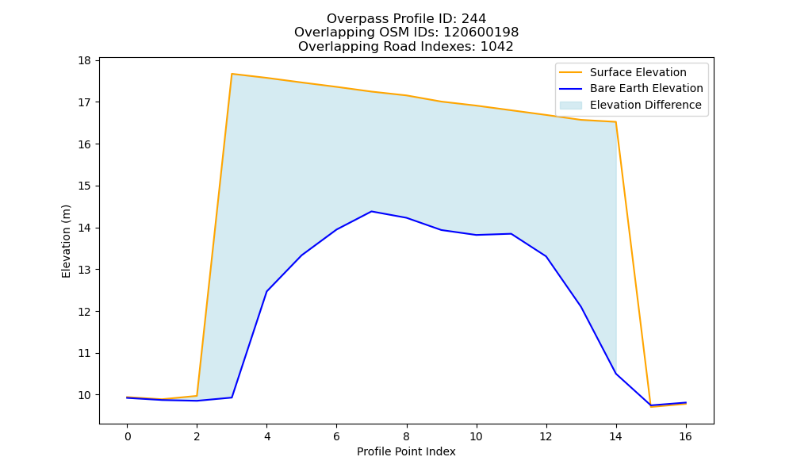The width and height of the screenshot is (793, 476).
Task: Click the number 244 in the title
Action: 473,19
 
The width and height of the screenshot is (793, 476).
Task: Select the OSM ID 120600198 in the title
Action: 481,33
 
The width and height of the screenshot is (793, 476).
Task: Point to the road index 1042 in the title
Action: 496,47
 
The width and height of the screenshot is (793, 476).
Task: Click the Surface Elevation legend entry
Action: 623,72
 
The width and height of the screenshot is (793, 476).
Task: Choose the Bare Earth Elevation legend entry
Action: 631,89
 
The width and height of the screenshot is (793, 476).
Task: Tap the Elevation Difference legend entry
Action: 630,105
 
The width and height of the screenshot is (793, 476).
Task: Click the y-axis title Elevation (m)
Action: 67,241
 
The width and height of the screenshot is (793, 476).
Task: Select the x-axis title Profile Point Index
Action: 406,451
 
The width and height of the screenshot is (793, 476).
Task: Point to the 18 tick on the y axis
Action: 84,61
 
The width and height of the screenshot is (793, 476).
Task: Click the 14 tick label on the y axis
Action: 84,228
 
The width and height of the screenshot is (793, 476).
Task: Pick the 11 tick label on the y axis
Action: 84,354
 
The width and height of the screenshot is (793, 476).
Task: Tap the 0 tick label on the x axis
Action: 128,436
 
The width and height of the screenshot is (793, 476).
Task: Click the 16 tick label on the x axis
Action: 685,436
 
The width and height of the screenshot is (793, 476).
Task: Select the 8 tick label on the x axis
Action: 406,436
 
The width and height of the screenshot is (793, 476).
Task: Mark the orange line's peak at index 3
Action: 232,74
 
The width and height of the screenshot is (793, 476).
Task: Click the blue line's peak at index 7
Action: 371,212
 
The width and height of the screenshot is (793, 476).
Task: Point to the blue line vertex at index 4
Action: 266,292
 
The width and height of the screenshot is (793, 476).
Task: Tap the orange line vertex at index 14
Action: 615,122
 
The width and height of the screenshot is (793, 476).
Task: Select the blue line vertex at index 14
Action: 615,374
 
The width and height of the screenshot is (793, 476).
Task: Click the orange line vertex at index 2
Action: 197,396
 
